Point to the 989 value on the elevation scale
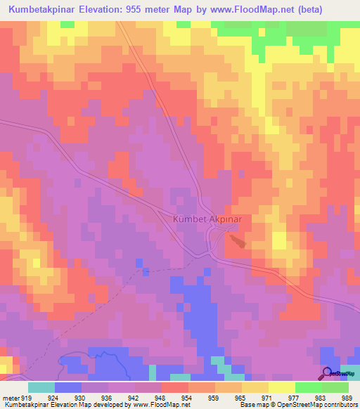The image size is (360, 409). (x=345, y=396)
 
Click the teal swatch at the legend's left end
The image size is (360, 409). (x=41, y=387)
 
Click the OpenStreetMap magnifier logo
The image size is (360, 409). (x=327, y=373)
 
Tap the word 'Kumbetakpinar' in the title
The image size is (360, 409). (x=47, y=11)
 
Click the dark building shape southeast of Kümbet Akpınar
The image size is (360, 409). (x=237, y=241)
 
